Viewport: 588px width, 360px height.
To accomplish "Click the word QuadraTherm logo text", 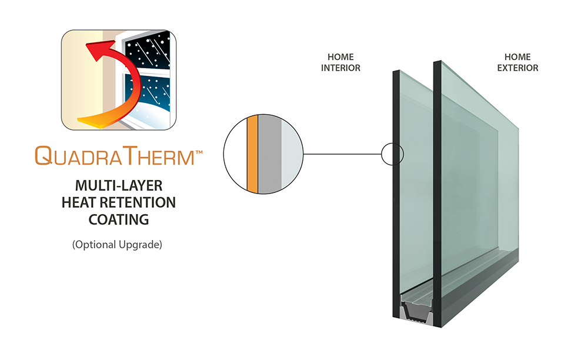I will pos(115,156).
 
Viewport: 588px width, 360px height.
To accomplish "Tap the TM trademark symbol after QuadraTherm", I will pos(199,152).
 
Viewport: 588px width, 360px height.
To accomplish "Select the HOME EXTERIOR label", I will pos(517,62).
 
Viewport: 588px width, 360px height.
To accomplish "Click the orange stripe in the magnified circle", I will pos(252,155).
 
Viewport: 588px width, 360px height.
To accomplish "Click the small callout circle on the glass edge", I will pos(392,155).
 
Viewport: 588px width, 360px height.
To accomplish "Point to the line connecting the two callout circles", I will pos(341,155).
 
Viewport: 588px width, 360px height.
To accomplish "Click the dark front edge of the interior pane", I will pos(397,235).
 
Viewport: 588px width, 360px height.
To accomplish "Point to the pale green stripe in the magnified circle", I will pos(289,155).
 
